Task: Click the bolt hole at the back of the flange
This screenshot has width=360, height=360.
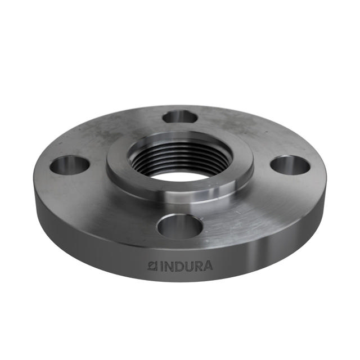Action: tap(179, 116)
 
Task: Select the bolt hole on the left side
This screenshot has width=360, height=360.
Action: tap(69, 165)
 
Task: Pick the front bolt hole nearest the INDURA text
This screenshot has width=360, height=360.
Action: tap(179, 226)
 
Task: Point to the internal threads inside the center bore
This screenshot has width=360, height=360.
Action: tap(180, 153)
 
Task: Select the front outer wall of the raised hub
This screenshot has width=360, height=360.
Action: tap(179, 194)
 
